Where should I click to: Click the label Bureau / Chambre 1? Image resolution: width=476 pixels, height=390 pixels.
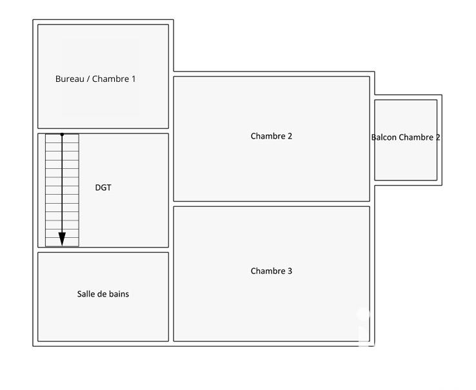point(95,79)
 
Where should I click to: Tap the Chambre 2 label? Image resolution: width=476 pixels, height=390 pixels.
point(272,136)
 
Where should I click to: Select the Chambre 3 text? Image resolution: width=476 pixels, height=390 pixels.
point(272,271)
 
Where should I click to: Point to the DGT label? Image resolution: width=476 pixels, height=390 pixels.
point(103,188)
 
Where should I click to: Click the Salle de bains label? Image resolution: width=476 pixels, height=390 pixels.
point(103,294)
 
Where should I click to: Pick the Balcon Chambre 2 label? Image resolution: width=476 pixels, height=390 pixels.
point(406,137)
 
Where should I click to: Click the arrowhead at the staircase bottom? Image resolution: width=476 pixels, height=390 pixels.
point(62,239)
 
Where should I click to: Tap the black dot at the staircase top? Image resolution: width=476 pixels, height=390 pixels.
point(62,135)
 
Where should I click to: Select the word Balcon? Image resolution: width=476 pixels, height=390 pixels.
point(384,137)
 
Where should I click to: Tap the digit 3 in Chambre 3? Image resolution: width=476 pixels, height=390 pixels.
point(290,271)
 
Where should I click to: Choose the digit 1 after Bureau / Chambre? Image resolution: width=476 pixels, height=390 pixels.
point(134,79)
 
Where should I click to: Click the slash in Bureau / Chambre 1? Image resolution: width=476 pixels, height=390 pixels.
point(88,79)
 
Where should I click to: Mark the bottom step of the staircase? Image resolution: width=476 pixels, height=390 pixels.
point(62,242)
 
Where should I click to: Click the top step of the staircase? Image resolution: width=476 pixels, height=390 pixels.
point(62,139)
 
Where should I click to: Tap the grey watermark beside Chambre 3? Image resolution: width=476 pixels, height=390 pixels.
point(364,326)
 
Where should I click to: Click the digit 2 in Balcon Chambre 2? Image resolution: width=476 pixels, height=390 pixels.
point(439,137)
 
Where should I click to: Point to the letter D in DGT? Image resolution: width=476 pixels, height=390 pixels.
point(97,188)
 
